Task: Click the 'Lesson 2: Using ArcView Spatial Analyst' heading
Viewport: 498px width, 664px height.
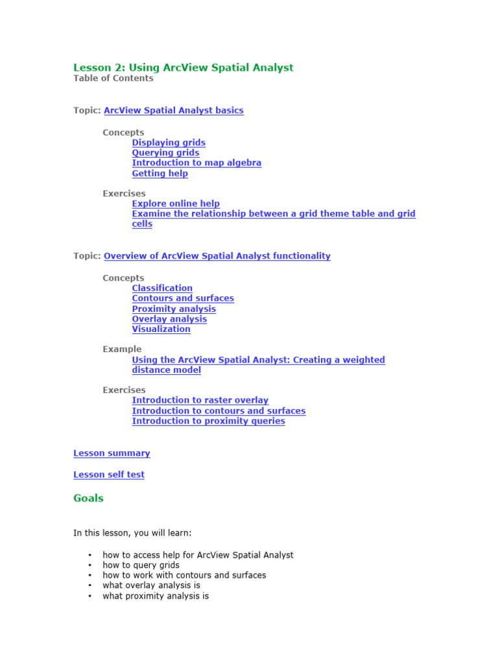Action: point(183,67)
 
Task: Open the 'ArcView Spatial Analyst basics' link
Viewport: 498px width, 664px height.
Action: point(174,110)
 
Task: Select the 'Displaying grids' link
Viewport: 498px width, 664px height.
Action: point(169,143)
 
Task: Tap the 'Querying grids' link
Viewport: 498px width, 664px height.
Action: point(165,153)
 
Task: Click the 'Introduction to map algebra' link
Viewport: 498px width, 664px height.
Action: point(196,163)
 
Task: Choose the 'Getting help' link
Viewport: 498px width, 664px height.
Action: point(160,173)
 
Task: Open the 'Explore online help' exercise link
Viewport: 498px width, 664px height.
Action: point(176,204)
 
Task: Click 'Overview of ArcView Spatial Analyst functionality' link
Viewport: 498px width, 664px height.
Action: point(217,256)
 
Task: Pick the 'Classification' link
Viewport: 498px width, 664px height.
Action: point(162,288)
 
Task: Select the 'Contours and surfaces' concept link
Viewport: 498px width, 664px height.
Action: point(183,298)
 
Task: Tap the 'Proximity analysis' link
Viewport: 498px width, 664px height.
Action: point(174,309)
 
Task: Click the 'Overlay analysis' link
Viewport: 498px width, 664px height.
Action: point(169,319)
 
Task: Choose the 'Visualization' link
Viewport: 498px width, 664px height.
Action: point(161,329)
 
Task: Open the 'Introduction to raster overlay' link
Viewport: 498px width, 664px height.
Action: point(200,400)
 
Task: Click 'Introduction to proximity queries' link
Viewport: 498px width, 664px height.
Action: point(208,421)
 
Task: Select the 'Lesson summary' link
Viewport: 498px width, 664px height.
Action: point(112,453)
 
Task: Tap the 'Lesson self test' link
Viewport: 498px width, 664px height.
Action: point(109,475)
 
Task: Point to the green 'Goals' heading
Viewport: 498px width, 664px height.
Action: point(88,499)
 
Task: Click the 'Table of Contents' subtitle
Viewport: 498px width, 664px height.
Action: point(113,78)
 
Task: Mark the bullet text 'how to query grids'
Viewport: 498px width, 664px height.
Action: point(141,565)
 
